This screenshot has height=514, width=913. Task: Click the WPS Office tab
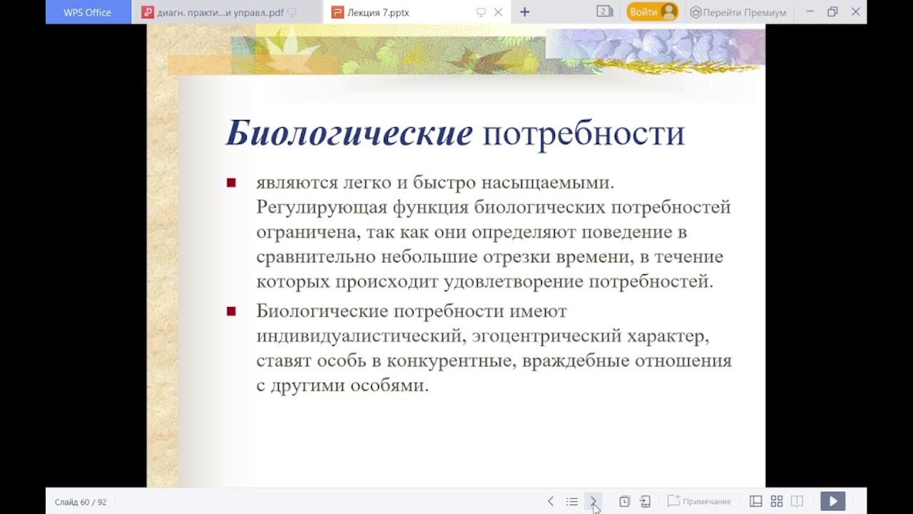click(x=88, y=12)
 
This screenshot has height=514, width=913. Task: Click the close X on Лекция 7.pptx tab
click(x=499, y=12)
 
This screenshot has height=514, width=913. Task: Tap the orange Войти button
click(x=651, y=12)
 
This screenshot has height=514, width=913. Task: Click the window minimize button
click(x=810, y=12)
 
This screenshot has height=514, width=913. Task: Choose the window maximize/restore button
click(x=832, y=12)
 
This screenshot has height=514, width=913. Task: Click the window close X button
click(x=856, y=12)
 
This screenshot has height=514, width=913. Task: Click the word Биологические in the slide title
click(x=349, y=133)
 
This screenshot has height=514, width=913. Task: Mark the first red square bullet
click(x=231, y=183)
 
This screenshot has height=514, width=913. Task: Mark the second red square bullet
click(x=231, y=311)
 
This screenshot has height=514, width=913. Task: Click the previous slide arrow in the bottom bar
click(x=551, y=501)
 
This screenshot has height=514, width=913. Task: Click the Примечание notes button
click(x=699, y=501)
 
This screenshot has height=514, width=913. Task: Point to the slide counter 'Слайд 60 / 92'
click(x=81, y=502)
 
